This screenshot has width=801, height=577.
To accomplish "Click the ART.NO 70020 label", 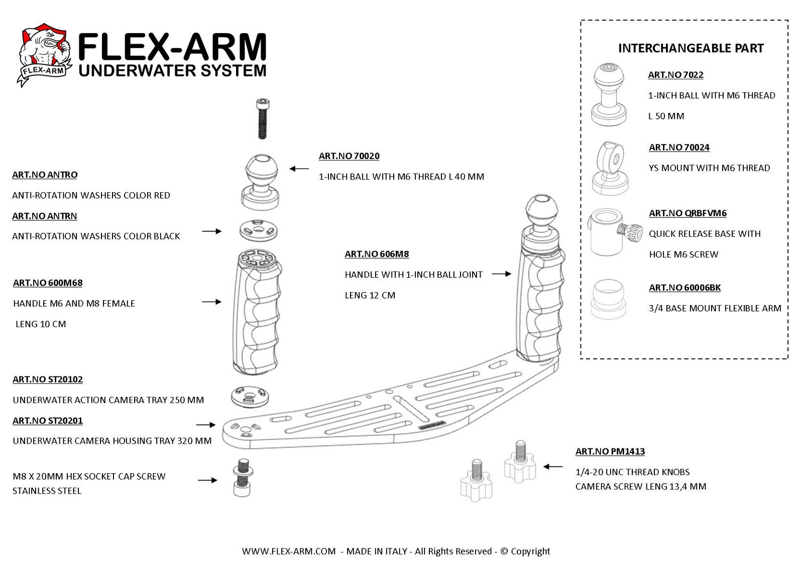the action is point(349,156).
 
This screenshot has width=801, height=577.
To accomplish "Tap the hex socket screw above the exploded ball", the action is point(263,118).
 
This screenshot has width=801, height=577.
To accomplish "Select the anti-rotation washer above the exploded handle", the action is point(259,231).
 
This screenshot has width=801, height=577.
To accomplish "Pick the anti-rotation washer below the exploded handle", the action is point(250,396).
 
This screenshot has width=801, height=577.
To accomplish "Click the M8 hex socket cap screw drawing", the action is point(242,478).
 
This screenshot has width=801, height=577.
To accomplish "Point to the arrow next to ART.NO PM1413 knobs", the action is point(553,467).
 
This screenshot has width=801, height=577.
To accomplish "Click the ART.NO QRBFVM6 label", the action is point(688,213).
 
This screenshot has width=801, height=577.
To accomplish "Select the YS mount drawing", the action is point(610,168).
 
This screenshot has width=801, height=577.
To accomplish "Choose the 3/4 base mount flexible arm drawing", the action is point(608,299).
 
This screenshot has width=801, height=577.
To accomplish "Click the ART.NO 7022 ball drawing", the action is point(609,95).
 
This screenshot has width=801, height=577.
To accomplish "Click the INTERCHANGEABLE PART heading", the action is point(691,48).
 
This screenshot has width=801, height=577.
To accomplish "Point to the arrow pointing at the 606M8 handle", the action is point(501,274).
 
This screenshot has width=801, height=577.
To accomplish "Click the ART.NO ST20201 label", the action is point(48,421).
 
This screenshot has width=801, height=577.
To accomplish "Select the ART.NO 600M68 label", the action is point(48,283).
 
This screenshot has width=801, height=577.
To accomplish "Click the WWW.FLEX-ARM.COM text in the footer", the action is point(289,551).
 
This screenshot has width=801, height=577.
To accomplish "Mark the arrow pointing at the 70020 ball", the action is point(299,169).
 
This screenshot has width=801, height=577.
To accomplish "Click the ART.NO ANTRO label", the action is point(45,175).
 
